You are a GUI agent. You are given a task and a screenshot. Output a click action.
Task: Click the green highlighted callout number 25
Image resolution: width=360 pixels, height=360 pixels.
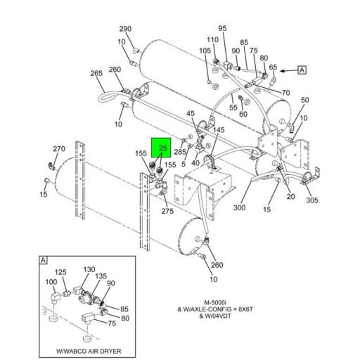[163, 148]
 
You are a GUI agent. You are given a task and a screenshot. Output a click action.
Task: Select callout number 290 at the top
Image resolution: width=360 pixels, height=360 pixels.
[125, 29]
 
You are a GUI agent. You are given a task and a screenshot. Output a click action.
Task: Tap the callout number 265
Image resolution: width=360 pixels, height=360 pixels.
[96, 74]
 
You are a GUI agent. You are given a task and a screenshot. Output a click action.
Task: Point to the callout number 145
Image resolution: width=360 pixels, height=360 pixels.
[219, 130]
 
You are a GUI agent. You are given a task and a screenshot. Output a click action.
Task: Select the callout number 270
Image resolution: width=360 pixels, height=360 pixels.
[59, 149]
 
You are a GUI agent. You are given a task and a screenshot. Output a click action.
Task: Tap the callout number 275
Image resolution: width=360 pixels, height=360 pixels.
[167, 211]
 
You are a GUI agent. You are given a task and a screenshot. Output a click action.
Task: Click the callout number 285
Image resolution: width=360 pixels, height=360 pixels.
[180, 151]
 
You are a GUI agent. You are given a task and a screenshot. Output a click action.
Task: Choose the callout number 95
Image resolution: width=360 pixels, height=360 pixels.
[223, 29]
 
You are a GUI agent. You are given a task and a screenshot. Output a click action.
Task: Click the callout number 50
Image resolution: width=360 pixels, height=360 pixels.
[304, 101]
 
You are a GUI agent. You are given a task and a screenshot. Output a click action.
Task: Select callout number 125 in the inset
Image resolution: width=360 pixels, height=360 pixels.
[61, 271]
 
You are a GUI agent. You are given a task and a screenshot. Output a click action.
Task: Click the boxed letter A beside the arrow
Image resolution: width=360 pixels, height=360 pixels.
[302, 70]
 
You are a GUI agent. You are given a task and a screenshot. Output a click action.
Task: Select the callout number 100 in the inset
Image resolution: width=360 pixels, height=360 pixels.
[51, 282]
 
